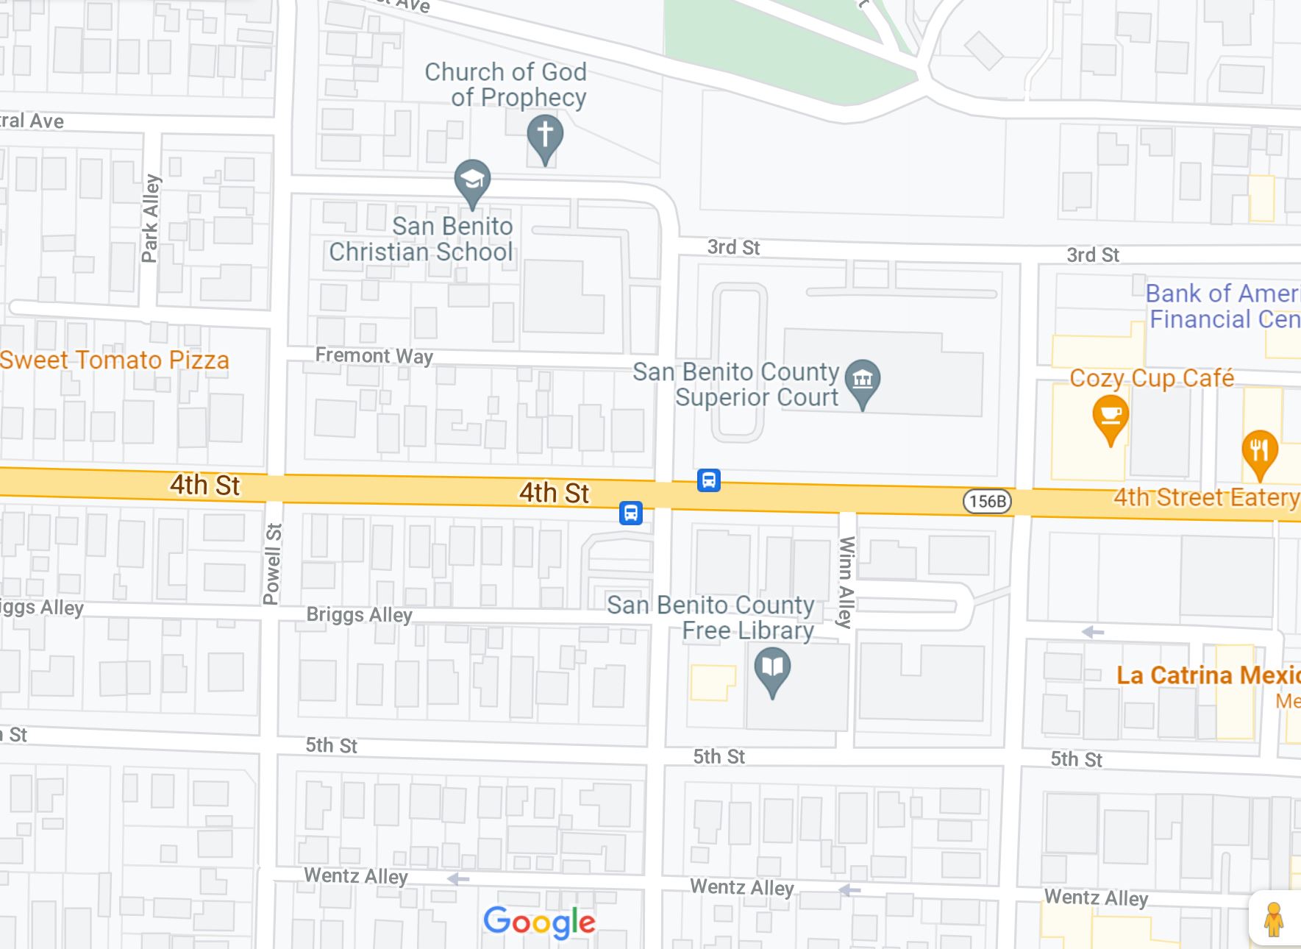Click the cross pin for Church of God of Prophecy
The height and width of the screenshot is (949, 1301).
click(x=545, y=137)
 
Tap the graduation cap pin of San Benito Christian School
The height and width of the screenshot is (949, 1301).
click(x=472, y=181)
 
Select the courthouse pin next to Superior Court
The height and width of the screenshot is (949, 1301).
click(x=863, y=381)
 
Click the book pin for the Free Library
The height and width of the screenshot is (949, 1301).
click(x=772, y=669)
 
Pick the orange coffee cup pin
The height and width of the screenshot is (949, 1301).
click(x=1111, y=417)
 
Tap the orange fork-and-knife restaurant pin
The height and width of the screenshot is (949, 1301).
click(x=1259, y=450)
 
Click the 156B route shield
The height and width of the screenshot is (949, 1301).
click(x=987, y=502)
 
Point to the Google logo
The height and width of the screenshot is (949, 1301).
click(x=539, y=922)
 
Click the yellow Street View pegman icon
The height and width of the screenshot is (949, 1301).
click(x=1274, y=919)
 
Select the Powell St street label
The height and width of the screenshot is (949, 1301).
click(x=272, y=564)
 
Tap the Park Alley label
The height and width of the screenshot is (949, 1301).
click(x=150, y=218)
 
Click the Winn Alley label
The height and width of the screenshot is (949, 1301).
click(x=846, y=582)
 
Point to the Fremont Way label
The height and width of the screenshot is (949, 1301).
click(x=374, y=356)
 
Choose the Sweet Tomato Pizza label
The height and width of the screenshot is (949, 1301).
click(x=115, y=360)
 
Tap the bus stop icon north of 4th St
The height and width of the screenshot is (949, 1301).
click(x=708, y=480)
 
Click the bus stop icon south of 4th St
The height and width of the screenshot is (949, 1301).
click(x=630, y=513)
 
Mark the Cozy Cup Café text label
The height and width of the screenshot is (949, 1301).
click(x=1152, y=378)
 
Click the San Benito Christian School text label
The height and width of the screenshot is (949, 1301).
click(x=421, y=239)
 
